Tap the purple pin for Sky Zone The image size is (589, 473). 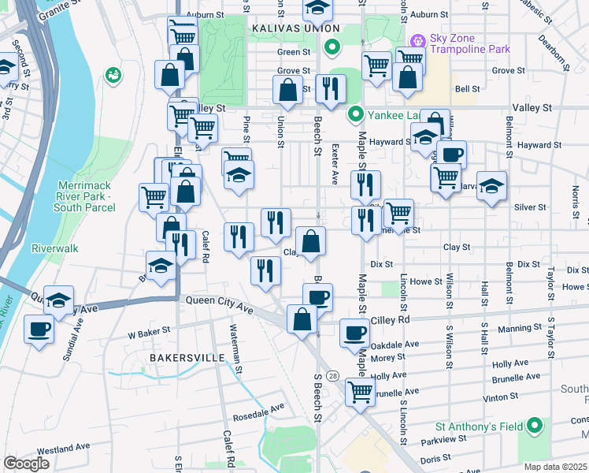tap(417, 39)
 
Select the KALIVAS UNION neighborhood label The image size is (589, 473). tap(288, 28)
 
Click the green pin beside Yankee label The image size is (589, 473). tap(356, 115)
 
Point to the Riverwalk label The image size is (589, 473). tap(55, 248)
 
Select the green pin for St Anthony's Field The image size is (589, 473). tap(535, 426)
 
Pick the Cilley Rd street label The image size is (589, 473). tap(393, 320)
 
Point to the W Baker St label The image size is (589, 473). tap(148, 334)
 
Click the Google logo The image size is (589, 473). tap(26, 464)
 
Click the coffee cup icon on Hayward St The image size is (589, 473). tap(452, 154)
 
